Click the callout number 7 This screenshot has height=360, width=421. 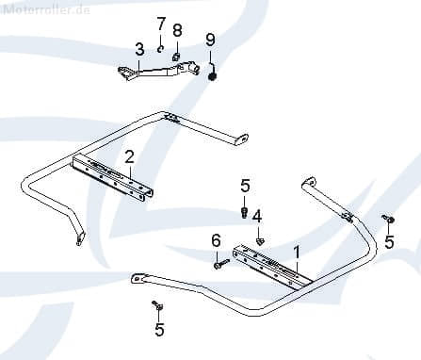click(161, 23)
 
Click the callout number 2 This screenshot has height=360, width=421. click(129, 155)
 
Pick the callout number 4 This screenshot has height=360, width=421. click(256, 215)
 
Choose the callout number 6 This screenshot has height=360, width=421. click(215, 240)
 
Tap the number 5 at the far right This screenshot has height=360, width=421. click(390, 241)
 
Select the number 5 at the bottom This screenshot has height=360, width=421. click(159, 329)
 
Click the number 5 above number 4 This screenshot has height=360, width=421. click(245, 186)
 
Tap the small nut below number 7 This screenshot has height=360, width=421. click(161, 48)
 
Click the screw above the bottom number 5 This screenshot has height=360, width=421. click(157, 305)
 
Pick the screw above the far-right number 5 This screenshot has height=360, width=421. click(386, 219)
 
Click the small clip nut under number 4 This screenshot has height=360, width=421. click(259, 241)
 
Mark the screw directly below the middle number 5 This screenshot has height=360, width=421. click(246, 214)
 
